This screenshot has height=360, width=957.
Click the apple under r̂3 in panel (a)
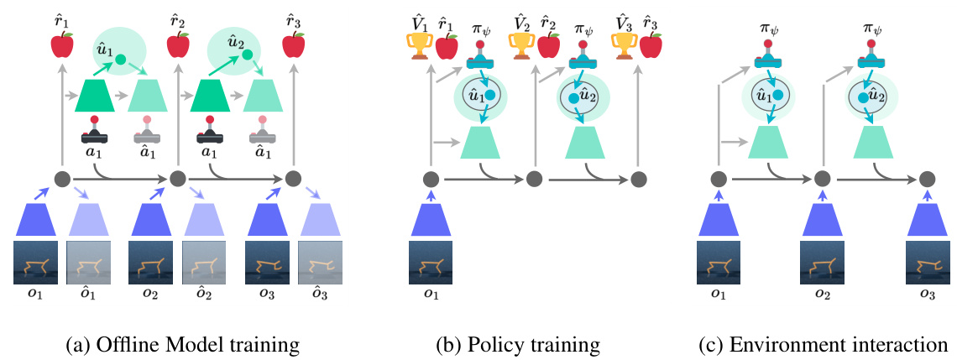coord(293,44)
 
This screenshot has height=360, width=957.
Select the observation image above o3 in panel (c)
coord(927,261)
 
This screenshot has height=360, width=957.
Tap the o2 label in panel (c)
coord(823,295)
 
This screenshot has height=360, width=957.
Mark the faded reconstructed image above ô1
coord(86,261)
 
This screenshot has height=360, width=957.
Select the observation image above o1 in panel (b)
coord(430,261)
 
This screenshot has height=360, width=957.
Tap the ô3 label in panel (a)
coord(318,295)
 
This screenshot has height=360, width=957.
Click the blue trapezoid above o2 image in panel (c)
coord(823,219)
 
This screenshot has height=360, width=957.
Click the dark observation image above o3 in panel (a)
coord(266,261)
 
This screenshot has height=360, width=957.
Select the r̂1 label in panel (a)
coord(62,13)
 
